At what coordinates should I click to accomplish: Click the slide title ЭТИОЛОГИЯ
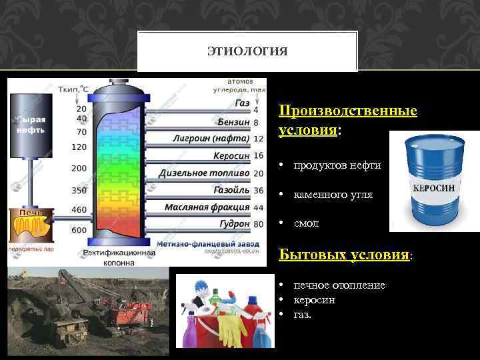tap(247, 51)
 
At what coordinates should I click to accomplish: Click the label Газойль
tap(231, 191)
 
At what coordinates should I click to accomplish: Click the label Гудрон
tap(233, 225)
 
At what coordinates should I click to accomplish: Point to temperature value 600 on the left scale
tap(79, 230)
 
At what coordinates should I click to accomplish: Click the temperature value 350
tap(79, 190)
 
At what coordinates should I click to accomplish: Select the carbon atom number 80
tap(259, 225)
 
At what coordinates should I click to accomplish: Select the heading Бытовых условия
tap(343, 256)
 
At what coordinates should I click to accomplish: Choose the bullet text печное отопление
tap(339, 285)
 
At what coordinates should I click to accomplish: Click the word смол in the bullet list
tap(306, 223)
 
